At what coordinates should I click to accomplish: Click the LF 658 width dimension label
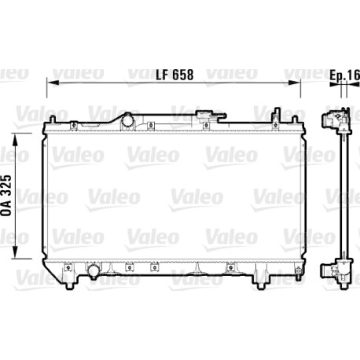pyautogui.click(x=174, y=75)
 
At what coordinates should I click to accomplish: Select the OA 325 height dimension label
pyautogui.click(x=6, y=195)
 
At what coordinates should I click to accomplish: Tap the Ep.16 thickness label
pyautogui.click(x=344, y=75)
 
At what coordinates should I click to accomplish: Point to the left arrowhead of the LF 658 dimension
pyautogui.click(x=52, y=83)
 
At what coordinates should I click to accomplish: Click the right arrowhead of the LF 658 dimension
pyautogui.click(x=294, y=83)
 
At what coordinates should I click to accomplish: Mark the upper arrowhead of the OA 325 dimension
pyautogui.click(x=15, y=139)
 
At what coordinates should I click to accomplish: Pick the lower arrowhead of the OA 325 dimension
pyautogui.click(x=15, y=252)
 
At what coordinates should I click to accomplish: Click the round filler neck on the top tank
pyautogui.click(x=128, y=120)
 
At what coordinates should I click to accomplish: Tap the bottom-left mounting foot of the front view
pyautogui.click(x=68, y=285)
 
